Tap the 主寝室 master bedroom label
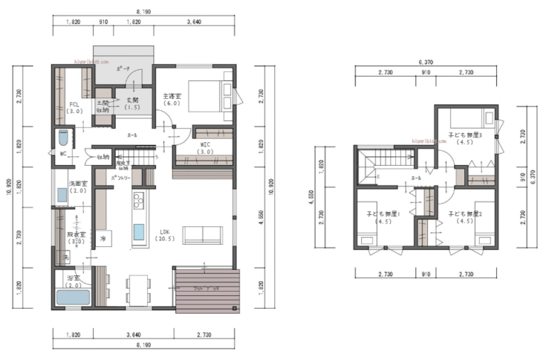[173, 99]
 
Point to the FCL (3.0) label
[74, 107]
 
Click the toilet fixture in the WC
[63, 137]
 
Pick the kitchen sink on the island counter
[138, 233]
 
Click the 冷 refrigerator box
[102, 238]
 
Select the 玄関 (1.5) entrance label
[133, 103]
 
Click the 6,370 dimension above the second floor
[426, 62]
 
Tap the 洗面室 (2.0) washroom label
[77, 187]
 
